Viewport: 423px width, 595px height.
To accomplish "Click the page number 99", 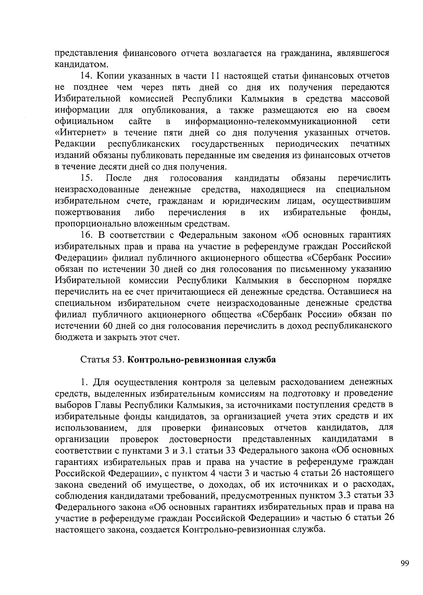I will (x=405, y=564).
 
